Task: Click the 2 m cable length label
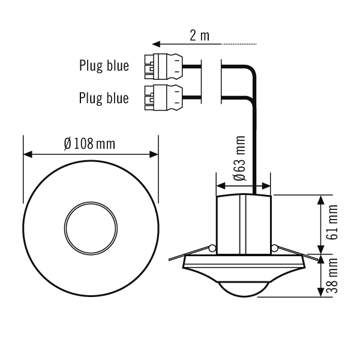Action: click(199, 35)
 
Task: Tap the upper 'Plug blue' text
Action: click(104, 66)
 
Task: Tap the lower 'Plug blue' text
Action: click(104, 97)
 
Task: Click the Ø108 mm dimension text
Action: click(89, 144)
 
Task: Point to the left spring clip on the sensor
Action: click(212, 248)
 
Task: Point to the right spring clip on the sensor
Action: click(274, 248)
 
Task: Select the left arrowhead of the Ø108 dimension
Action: click(26, 154)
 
